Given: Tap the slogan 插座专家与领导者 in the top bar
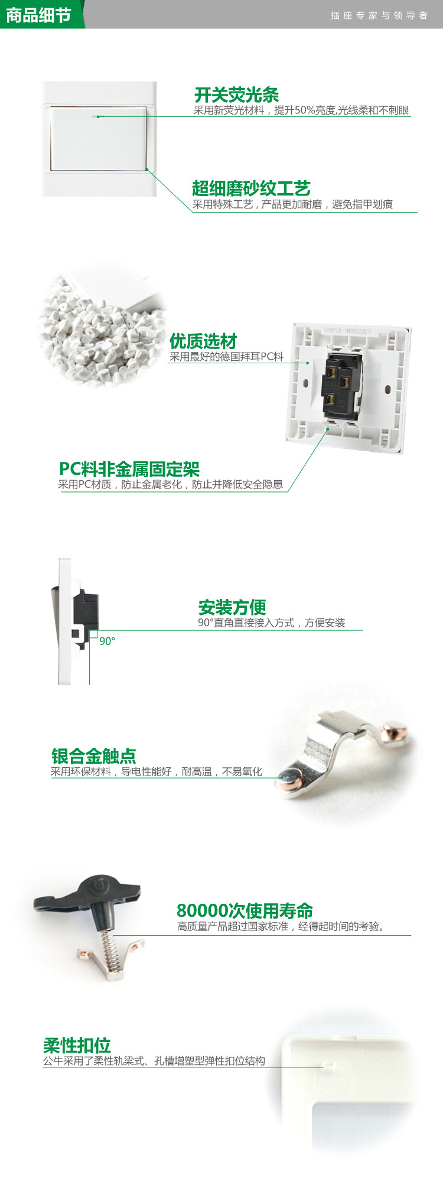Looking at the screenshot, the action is coord(379,15).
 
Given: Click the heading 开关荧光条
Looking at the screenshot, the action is coord(236,95).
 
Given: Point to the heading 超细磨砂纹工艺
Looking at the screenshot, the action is coord(251,188).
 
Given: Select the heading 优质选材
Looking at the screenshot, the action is coord(203,341).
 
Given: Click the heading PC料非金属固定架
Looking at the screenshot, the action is coord(129,469).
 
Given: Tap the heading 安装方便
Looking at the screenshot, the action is coord(232,607).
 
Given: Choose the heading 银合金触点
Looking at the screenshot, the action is coord(93,755).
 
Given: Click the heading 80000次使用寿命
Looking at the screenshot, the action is coord(245,910).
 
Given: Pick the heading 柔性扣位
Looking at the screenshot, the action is coord(77,1045).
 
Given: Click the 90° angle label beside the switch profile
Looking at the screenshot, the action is coord(107,641).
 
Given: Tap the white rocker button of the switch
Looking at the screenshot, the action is coord(99,138).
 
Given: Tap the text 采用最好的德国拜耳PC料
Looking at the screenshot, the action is coord(226,356).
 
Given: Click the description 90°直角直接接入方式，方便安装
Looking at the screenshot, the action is coord(271,623).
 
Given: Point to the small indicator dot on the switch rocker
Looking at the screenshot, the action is coord(99,116).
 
